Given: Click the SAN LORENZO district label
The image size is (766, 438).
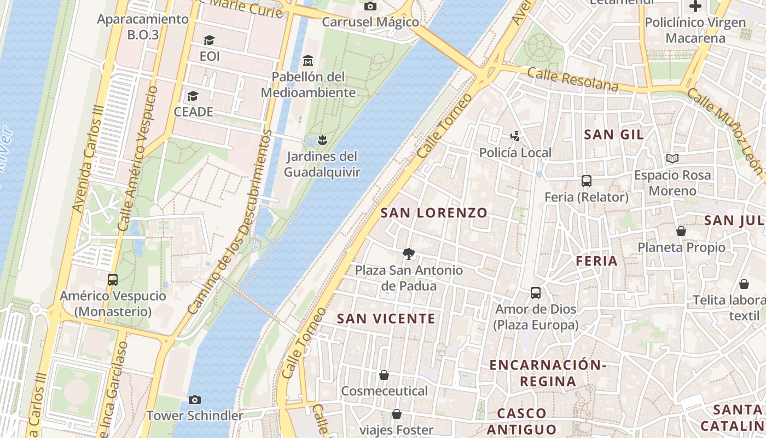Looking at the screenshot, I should click(x=433, y=213).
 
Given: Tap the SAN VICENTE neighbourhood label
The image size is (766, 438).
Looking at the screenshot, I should click(x=386, y=319).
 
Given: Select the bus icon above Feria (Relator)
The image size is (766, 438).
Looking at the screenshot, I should click(x=587, y=181).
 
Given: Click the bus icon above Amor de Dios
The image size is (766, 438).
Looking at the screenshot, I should click(x=536, y=293).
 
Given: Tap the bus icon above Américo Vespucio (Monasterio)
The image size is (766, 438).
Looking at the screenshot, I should click(x=113, y=279).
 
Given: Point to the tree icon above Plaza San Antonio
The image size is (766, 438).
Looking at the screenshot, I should click(x=408, y=253).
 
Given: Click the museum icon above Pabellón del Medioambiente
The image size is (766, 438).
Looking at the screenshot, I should click(x=308, y=60).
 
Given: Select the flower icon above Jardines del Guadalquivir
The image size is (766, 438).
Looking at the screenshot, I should click(x=322, y=140).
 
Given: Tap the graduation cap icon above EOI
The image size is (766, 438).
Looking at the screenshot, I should click(x=209, y=40).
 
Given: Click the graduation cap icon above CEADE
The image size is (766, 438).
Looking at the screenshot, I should click(x=193, y=96).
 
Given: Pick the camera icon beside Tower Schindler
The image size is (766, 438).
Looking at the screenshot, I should click(x=194, y=400).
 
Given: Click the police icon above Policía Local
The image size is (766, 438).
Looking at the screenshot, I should click(x=515, y=136).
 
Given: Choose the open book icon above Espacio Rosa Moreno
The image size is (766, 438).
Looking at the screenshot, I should click(x=672, y=159).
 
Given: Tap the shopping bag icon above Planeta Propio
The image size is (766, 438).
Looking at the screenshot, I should click(x=681, y=231).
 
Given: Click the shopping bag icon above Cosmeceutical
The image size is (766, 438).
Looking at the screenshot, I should click(x=384, y=375).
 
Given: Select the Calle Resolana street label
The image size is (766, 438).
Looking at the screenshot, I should click(x=573, y=79).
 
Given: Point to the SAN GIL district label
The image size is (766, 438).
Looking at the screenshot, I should click(x=613, y=135).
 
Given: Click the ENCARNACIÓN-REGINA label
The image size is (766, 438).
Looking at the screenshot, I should click(x=548, y=373).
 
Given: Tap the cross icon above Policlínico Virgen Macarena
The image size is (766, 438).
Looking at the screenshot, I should click(x=695, y=7).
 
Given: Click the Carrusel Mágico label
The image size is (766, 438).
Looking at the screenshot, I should click(x=370, y=22).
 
